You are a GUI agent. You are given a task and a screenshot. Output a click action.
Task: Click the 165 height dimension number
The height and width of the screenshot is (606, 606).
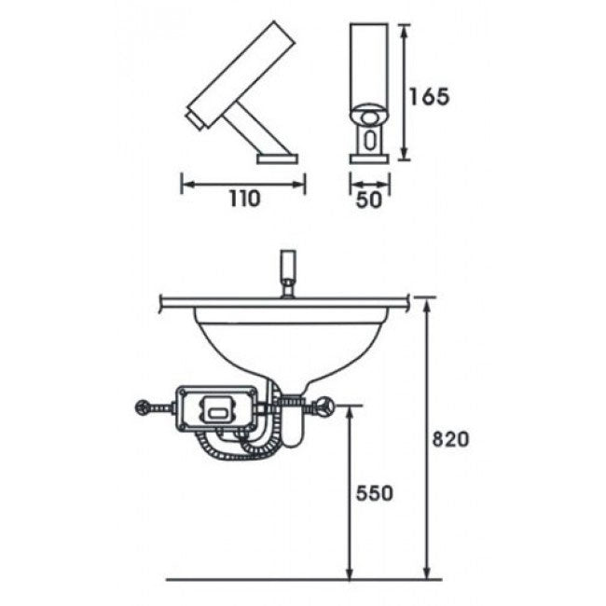[x=430, y=97]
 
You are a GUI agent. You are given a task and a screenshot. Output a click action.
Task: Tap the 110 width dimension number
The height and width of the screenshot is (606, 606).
[x=245, y=199]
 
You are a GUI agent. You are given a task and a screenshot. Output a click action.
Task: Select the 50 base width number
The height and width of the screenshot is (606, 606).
[x=368, y=200]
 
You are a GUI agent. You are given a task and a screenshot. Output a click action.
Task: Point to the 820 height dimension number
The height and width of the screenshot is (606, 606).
[x=450, y=439]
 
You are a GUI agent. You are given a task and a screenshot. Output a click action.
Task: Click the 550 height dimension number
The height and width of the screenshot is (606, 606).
[x=374, y=493]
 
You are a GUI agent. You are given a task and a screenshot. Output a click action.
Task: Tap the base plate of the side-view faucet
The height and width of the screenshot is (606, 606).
[x=278, y=158]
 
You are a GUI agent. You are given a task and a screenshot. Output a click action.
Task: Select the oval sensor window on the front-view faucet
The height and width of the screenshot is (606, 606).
[x=369, y=140]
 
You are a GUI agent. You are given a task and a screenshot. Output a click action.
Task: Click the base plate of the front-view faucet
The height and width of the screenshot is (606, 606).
[x=369, y=158]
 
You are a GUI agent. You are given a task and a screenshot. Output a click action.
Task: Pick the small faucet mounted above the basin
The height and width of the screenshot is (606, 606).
[x=288, y=273]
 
